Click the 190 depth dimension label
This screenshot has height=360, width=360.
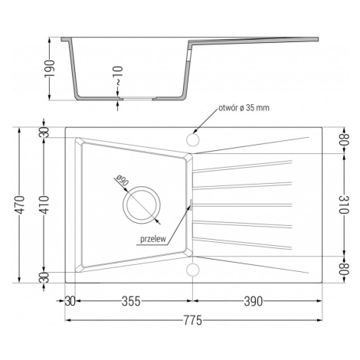[50, 68]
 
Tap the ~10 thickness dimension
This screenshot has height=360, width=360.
[119, 76]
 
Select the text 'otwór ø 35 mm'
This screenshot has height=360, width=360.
[244, 108]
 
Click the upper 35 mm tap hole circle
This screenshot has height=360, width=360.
[193, 140]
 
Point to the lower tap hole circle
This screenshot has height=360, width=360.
[193, 270]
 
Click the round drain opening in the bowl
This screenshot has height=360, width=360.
[142, 205]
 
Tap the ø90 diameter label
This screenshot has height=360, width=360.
[122, 180]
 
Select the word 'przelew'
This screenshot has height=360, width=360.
[153, 239]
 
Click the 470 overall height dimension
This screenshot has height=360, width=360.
[20, 205]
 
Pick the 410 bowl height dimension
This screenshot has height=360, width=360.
[44, 205]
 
